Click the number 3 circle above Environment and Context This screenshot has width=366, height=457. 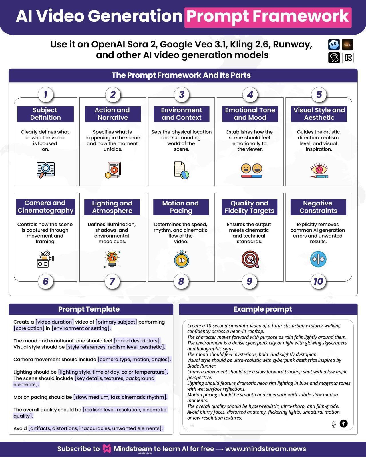pyautogui.click(x=181, y=95)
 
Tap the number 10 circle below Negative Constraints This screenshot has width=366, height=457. pyautogui.click(x=318, y=282)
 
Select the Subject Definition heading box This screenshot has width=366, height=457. pyautogui.click(x=45, y=114)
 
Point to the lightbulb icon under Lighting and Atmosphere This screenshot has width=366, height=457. pyautogui.click(x=112, y=259)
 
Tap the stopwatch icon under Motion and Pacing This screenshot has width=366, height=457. pyautogui.click(x=181, y=259)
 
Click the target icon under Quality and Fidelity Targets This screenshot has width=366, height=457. pyautogui.click(x=250, y=259)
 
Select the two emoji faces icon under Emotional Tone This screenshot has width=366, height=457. pyautogui.click(x=251, y=170)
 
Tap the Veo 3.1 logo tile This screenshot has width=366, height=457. pyautogui.click(x=347, y=45)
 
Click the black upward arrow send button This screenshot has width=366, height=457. pyautogui.click(x=344, y=424)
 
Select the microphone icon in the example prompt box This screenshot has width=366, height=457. pyautogui.click(x=333, y=424)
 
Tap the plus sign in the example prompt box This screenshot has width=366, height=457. pyautogui.click(x=192, y=425)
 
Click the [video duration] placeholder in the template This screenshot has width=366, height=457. pyautogui.click(x=55, y=322)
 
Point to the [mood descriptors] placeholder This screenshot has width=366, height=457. pyautogui.click(x=137, y=341)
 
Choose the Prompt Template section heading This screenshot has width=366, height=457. pyautogui.click(x=89, y=309)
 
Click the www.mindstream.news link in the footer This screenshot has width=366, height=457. pyautogui.click(x=266, y=449)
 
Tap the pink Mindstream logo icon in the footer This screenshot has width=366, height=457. pyautogui.click(x=107, y=448)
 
